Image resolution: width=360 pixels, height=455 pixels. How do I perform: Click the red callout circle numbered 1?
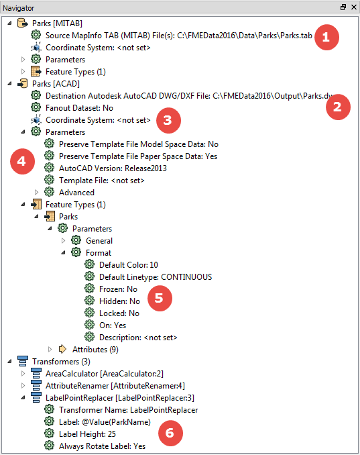pos(326,37)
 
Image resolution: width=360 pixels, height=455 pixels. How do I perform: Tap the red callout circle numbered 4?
pos(22,161)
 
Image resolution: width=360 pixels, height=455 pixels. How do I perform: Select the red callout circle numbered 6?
pos(170,434)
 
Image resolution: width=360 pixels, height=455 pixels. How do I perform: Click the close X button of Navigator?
pos(353,7)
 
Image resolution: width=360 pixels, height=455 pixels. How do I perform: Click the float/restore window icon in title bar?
pos(343,7)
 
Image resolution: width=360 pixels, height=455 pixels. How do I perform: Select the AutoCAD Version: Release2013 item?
pos(113,168)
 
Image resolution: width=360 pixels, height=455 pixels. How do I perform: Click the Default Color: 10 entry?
pos(129,265)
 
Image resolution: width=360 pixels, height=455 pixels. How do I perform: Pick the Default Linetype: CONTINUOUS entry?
pos(156,277)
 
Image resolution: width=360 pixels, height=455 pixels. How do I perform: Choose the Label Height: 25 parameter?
pos(87,434)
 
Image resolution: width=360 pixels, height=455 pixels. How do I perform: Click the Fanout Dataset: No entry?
pos(79,108)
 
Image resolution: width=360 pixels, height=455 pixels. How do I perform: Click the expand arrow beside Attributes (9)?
pos(50,350)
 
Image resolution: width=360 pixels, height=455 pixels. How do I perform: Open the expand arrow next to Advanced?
pos(36,192)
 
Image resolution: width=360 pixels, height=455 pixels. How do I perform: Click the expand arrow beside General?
pos(63,240)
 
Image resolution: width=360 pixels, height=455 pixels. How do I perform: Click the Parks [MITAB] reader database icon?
pos(23,23)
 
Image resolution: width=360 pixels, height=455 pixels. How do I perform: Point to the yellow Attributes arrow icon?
pos(62,349)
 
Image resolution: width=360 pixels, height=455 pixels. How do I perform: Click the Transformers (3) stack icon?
pos(23,362)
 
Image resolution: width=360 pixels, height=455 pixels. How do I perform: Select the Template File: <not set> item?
pos(101,181)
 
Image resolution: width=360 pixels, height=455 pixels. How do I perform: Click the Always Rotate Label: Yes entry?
pos(102,446)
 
